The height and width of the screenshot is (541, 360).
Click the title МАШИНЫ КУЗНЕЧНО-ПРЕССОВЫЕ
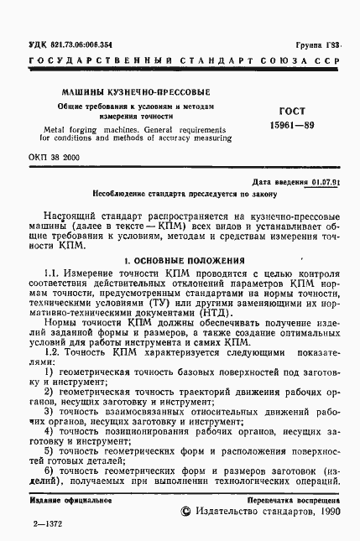[131, 91]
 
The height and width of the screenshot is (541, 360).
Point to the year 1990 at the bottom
[322, 510]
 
